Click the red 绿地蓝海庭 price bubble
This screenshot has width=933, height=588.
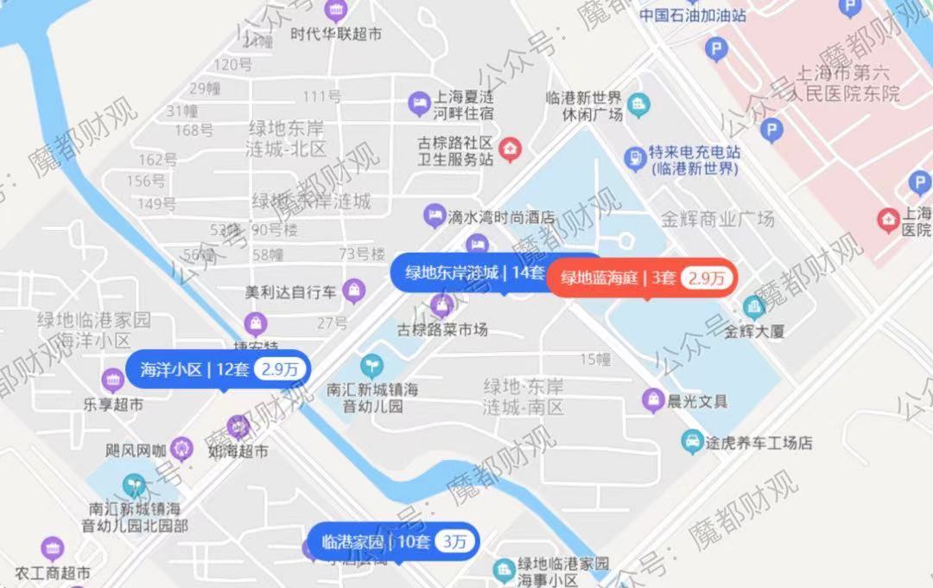[643, 278]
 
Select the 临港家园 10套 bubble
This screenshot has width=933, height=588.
[390, 543]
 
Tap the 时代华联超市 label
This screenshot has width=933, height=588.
[336, 35]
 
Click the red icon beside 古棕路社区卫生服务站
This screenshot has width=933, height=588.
[511, 149]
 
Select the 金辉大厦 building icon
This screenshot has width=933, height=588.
[753, 307]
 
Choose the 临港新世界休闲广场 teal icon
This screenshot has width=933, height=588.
[638, 105]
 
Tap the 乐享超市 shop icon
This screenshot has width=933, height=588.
[112, 380]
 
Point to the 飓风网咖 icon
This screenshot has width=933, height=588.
[180, 448]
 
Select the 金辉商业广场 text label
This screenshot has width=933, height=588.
[717, 219]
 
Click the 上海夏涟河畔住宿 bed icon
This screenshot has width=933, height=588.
[419, 104]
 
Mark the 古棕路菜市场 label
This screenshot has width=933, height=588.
[442, 329]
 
